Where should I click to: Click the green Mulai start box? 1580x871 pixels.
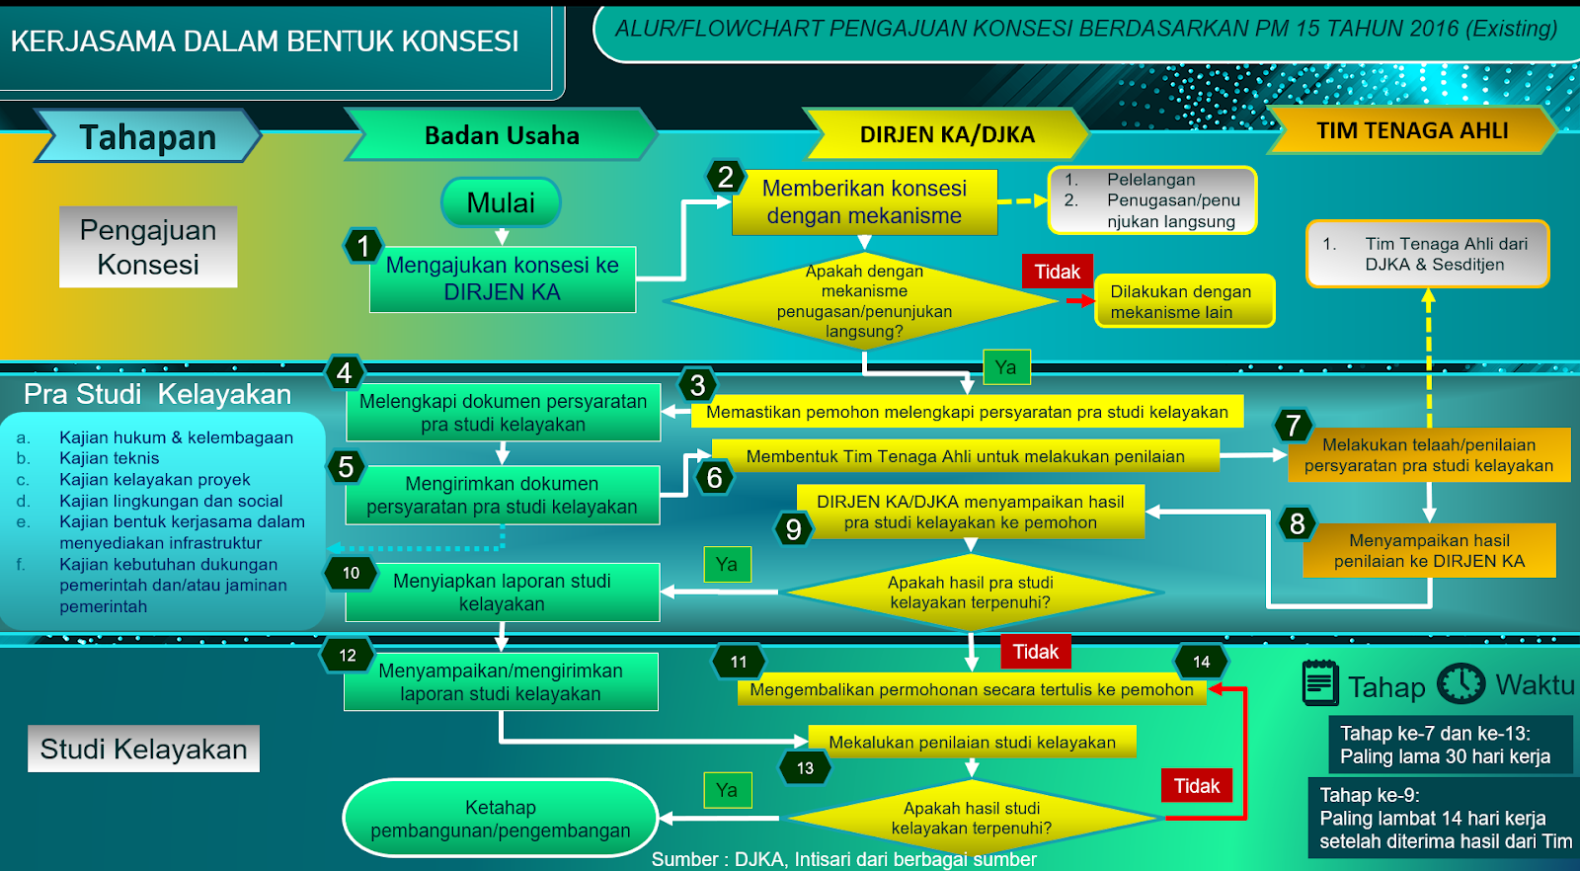[501, 202]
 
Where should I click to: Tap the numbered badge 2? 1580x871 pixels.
[726, 177]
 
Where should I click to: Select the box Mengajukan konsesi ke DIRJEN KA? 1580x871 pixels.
[502, 278]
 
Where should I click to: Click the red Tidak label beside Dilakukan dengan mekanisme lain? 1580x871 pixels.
[1057, 272]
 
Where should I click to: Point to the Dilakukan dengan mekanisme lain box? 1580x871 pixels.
[1184, 301]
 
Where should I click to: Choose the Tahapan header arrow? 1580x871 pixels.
[147, 136]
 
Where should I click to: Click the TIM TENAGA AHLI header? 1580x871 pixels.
[1411, 130]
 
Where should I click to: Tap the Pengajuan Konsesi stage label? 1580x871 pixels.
[148, 247]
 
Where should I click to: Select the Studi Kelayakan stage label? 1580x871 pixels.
[143, 749]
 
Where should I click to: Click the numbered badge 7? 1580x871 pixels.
[1294, 426]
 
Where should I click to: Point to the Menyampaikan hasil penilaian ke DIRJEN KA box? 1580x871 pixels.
[1429, 550]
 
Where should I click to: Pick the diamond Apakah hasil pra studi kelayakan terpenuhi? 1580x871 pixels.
[970, 593]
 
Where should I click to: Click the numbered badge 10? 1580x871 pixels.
[351, 573]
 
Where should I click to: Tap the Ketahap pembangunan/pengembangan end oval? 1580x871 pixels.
[500, 819]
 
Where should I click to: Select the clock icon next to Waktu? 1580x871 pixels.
[1461, 683]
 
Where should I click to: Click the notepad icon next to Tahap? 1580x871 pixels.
[1319, 683]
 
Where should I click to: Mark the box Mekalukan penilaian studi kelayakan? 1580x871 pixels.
[972, 742]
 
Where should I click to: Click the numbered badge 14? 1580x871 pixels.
[1201, 662]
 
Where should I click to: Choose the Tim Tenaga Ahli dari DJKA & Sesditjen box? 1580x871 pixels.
[1428, 254]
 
